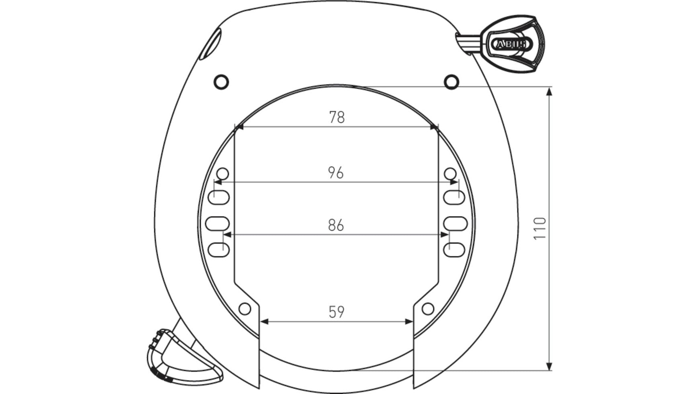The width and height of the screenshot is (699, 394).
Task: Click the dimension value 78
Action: pos(337,117)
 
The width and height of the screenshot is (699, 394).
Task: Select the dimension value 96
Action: pos(336,173)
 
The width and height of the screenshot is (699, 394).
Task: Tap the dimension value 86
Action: pos(336,225)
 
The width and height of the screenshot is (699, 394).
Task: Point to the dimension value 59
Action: pos(336,312)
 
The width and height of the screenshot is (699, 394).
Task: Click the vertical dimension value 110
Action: pos(540,228)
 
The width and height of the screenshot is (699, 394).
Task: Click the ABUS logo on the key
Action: pos(509,44)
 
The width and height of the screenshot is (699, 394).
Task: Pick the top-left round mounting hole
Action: pos(221,82)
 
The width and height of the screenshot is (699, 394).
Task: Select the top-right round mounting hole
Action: pos(452,82)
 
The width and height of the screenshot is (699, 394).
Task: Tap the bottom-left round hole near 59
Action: pos(245,309)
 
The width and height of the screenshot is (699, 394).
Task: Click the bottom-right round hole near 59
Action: pos(428,309)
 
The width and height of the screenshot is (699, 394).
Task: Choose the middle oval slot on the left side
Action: pos(217,223)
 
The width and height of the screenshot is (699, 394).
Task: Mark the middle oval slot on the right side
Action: pos(455,223)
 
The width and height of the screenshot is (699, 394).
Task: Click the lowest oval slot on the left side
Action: pos(219,250)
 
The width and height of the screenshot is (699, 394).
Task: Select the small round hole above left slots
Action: pos(223,174)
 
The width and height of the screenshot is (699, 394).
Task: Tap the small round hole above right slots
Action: pos(450,174)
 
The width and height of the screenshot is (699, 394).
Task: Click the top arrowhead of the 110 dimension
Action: pos(550,91)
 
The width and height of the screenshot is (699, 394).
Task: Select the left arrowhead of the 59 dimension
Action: pos(264,322)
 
